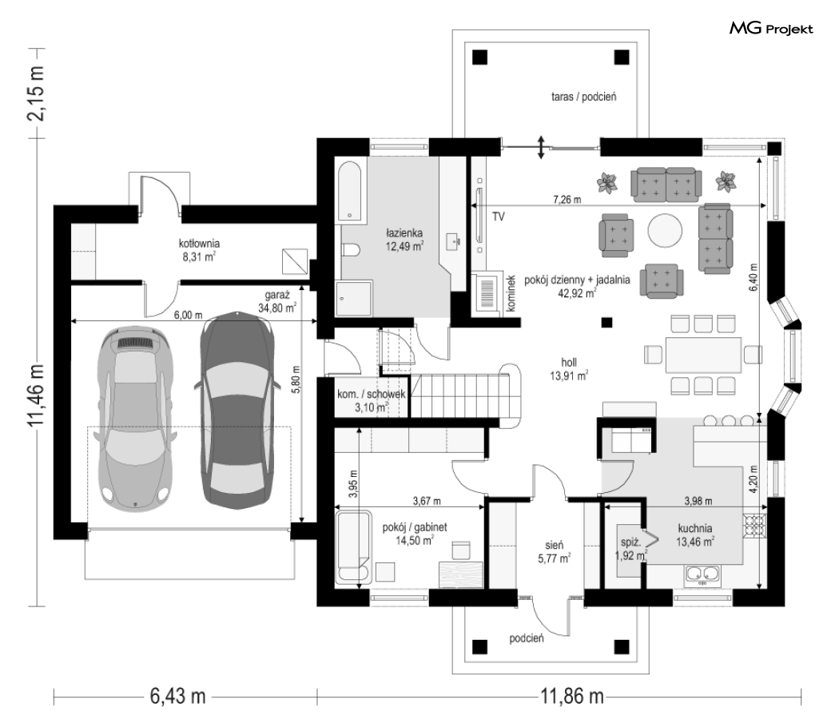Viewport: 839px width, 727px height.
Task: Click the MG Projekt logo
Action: (771, 28)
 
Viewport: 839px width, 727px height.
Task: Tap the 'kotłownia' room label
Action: (199, 244)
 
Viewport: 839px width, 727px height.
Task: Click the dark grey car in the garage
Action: (237, 410)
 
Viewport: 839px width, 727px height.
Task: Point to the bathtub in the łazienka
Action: (350, 192)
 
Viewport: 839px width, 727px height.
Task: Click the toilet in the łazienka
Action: (351, 250)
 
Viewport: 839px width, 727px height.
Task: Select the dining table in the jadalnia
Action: (703, 355)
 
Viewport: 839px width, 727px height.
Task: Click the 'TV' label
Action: (498, 217)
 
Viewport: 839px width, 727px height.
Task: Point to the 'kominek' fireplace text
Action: (511, 293)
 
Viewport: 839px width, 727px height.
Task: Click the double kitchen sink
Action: (702, 574)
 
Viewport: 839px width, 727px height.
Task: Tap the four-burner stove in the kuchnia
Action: (754, 525)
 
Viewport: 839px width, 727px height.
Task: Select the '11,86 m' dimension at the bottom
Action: (572, 697)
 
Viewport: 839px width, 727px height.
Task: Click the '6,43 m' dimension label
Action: (177, 697)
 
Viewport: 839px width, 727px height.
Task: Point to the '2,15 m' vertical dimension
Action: (37, 93)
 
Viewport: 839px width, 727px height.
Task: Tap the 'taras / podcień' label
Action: (584, 97)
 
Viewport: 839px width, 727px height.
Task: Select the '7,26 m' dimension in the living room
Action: (567, 200)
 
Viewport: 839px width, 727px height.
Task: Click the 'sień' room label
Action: (554, 545)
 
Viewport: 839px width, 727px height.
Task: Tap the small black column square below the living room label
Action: (606, 322)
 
